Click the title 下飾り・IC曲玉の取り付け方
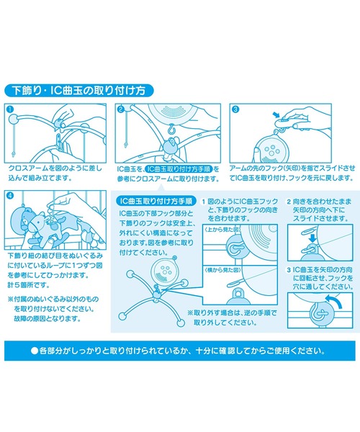click(x=78, y=91)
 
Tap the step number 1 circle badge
click(x=9, y=109)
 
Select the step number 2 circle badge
click(x=121, y=109)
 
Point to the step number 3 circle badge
click(x=235, y=109)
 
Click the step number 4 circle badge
click(x=10, y=196)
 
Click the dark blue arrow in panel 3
click(x=276, y=114)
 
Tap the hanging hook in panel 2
click(x=172, y=128)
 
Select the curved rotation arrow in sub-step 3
click(x=335, y=301)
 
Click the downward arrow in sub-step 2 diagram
click(x=312, y=238)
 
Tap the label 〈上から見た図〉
click(x=222, y=229)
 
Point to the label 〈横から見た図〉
click(x=222, y=270)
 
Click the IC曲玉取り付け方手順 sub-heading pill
click(x=156, y=201)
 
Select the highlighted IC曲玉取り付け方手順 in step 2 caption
click(x=179, y=169)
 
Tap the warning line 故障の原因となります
click(x=47, y=319)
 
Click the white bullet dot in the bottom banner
click(x=35, y=351)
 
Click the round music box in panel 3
click(x=269, y=150)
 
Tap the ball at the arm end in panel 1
click(x=13, y=120)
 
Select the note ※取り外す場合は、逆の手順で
click(x=232, y=313)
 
